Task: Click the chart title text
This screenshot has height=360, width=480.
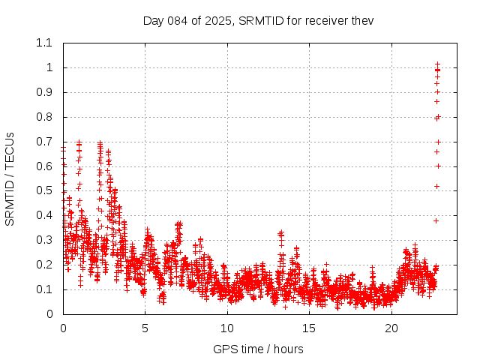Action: click(258, 20)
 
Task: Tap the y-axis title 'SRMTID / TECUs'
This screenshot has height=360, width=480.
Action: click(10, 178)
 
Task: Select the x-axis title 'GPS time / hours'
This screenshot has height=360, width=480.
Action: click(258, 349)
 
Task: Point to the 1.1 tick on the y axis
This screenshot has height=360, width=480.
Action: click(44, 43)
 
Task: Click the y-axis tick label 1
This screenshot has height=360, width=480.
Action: click(49, 67)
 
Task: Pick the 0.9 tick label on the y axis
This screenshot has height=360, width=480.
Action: click(44, 92)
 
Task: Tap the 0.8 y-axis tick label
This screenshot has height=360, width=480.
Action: click(44, 117)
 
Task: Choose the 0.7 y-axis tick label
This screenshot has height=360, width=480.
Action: click(44, 142)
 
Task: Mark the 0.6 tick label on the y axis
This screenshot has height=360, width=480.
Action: click(44, 166)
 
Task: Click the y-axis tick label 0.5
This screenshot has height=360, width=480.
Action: click(44, 190)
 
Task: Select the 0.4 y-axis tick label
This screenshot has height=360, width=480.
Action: click(44, 215)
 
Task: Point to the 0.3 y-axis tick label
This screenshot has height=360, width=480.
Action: click(44, 240)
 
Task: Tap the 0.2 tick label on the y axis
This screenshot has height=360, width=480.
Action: click(44, 265)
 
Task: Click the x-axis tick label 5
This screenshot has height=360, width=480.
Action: click(145, 328)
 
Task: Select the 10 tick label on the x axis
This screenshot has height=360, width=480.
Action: click(227, 328)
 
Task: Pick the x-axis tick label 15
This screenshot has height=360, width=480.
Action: click(310, 328)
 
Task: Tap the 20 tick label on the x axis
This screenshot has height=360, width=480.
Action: click(391, 328)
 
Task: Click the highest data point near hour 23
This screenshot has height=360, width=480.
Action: click(437, 64)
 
